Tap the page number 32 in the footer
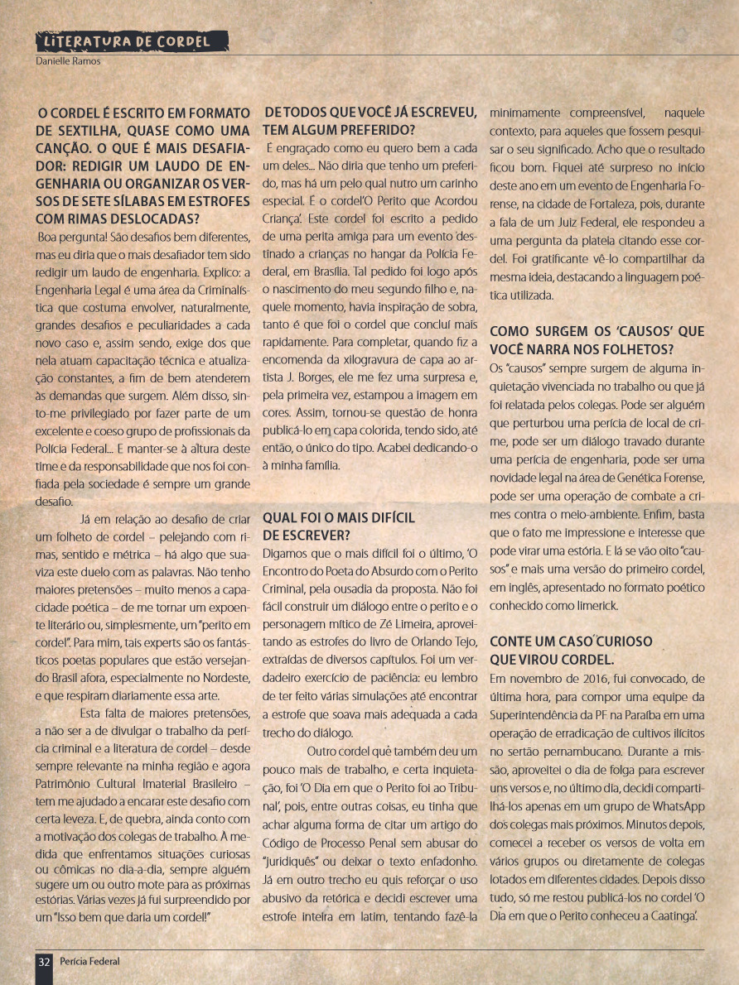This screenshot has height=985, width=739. point(45,961)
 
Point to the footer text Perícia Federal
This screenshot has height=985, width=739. point(89,961)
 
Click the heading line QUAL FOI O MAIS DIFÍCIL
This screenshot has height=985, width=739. point(339,518)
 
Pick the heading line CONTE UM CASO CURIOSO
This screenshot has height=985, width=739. point(572,641)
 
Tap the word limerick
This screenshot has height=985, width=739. point(591,605)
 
